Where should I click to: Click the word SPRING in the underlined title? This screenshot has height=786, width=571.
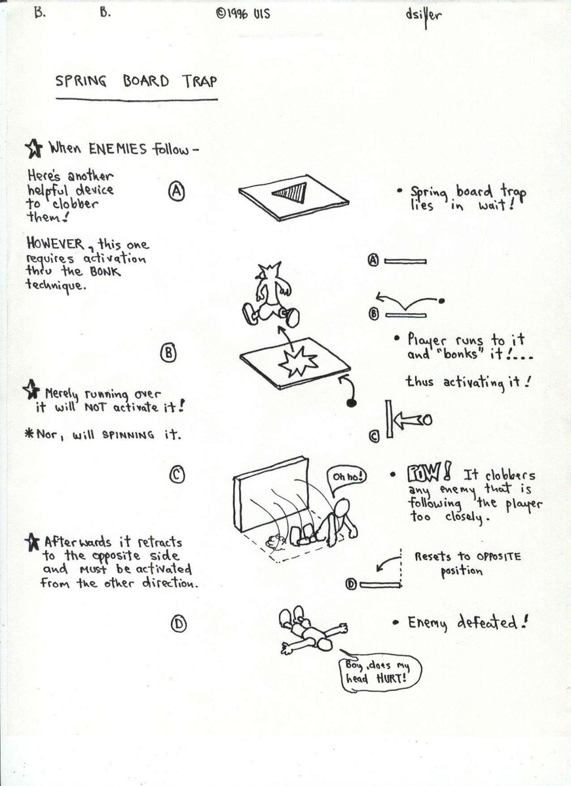coord(81,81)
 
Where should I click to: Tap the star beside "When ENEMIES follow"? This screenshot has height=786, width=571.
coord(34,149)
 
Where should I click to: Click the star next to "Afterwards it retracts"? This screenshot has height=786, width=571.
coord(32,542)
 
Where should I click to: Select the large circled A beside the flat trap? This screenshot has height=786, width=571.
coord(177,191)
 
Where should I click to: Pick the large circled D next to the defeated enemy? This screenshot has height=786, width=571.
coord(179,624)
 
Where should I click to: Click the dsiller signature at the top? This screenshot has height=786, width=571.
coord(424,16)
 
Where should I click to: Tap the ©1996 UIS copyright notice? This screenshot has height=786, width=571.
coord(243,14)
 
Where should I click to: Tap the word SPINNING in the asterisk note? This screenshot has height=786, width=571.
coord(128,435)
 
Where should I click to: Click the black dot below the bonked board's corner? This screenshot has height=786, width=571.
coord(352,403)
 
